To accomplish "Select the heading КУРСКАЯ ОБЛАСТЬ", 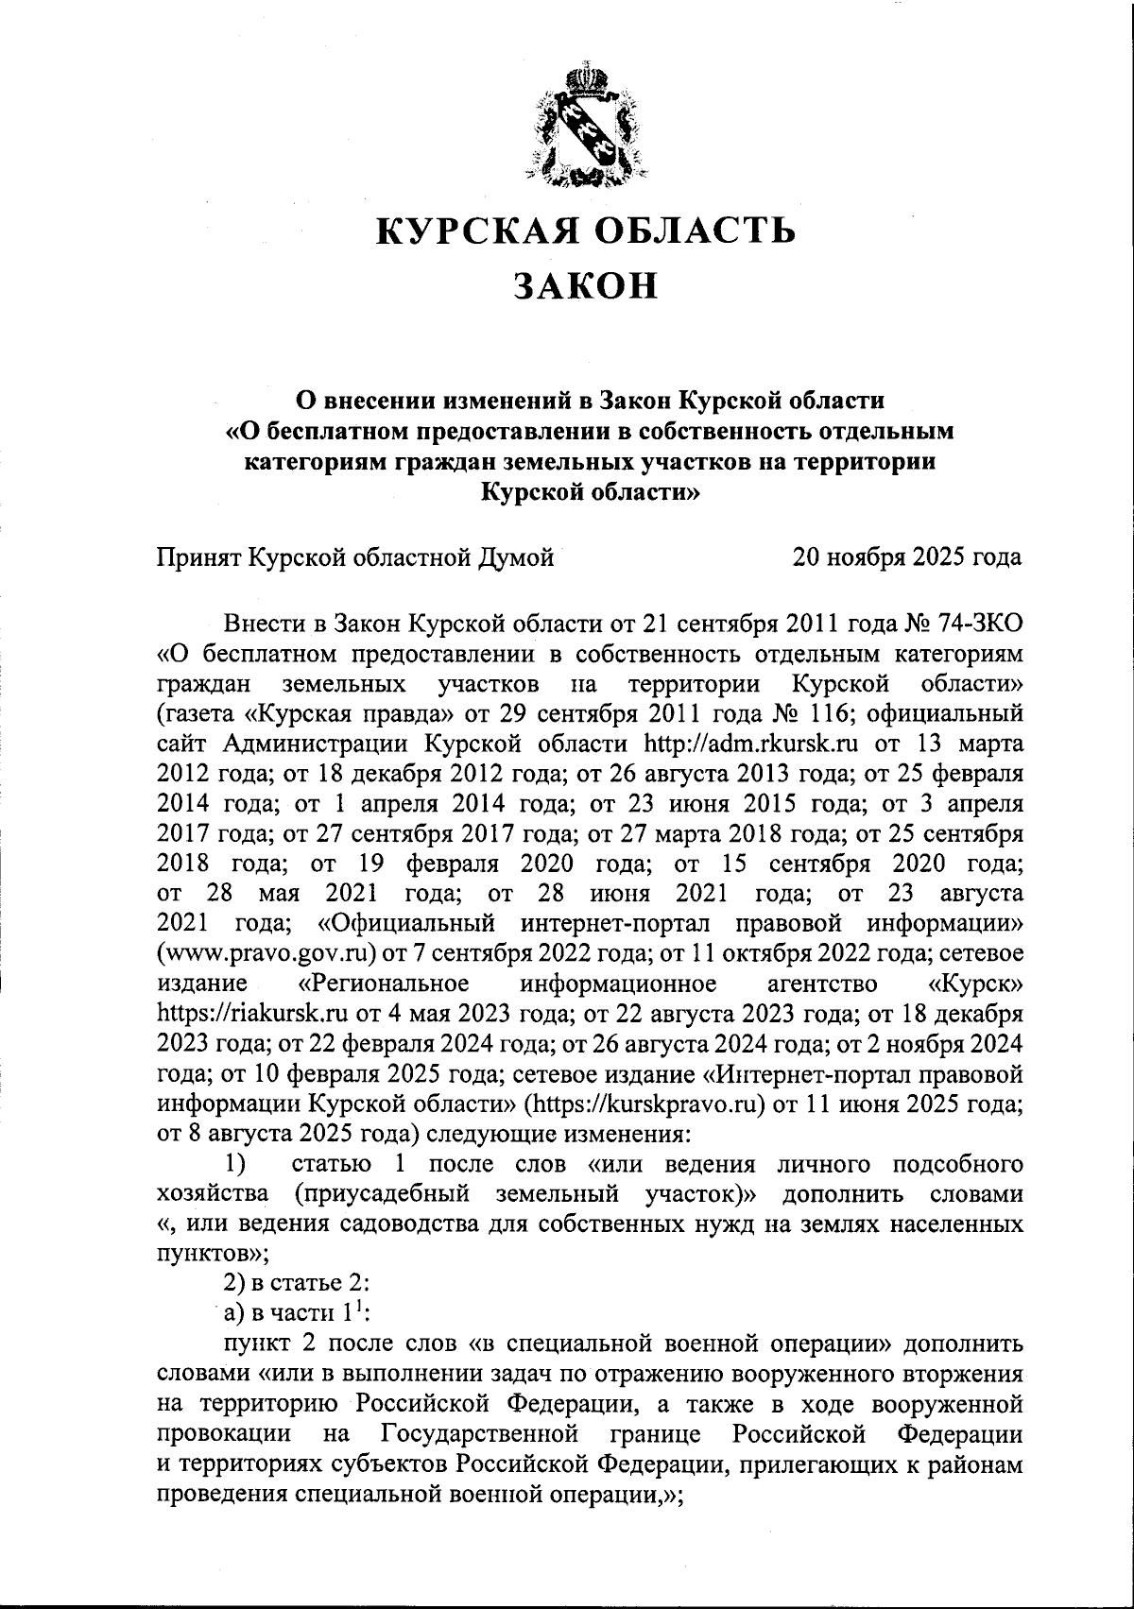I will point(586,230).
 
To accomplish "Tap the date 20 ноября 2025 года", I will point(907,557).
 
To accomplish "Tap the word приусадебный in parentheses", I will point(381,1193).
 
